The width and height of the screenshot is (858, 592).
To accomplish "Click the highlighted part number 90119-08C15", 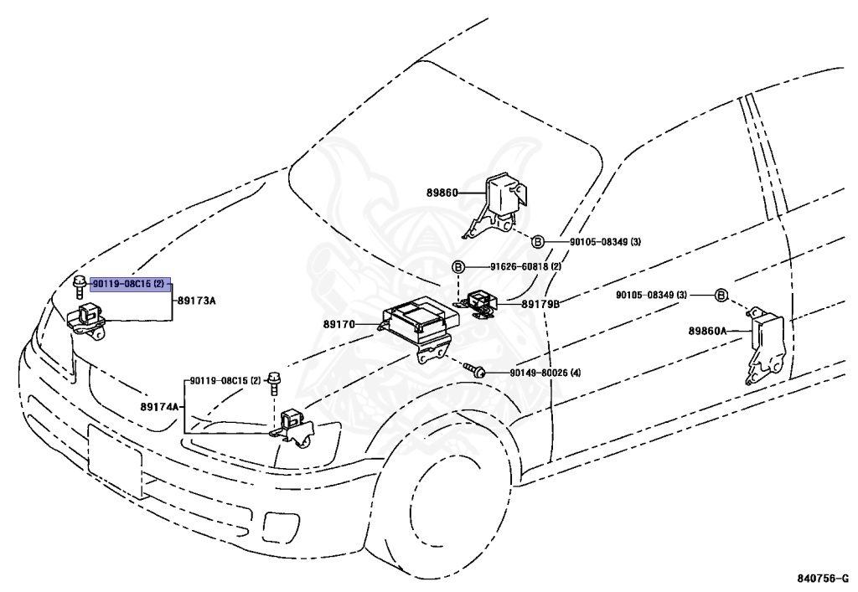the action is pyautogui.click(x=128, y=284).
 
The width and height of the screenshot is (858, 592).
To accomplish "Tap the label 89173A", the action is pyautogui.click(x=196, y=301).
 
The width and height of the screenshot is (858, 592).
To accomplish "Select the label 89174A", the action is pyautogui.click(x=160, y=407).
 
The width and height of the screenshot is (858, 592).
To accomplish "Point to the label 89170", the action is pyautogui.click(x=339, y=324).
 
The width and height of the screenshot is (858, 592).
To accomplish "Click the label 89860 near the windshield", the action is pyautogui.click(x=442, y=193).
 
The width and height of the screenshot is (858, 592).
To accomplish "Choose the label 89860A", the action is pyautogui.click(x=707, y=331).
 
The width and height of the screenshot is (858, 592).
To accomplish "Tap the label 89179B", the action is pyautogui.click(x=540, y=304).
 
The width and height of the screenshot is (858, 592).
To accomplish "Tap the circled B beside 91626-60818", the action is pyautogui.click(x=458, y=267).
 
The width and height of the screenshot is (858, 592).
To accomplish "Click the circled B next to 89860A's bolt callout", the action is pyautogui.click(x=721, y=296).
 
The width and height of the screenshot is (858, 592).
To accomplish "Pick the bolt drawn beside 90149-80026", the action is pyautogui.click(x=474, y=369).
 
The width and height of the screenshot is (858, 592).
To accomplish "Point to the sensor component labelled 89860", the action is pyautogui.click(x=498, y=205).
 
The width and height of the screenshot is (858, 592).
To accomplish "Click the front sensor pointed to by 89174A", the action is pyautogui.click(x=293, y=428).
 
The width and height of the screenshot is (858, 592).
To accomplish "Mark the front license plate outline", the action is pyautogui.click(x=115, y=462).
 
